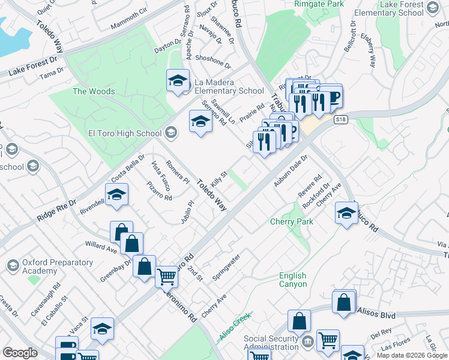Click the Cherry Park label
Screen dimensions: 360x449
tap(291, 221)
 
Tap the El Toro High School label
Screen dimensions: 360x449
tap(125, 133)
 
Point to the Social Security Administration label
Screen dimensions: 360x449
tap(271, 343)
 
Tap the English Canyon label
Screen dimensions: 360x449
tap(293, 280)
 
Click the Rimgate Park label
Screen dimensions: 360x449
tap(319, 4)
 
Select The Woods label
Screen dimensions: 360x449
tap(94, 91)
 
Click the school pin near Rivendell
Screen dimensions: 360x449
tap(117, 194)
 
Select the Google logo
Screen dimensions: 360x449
tap(20, 353)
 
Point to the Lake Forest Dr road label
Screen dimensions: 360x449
tap(37, 66)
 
